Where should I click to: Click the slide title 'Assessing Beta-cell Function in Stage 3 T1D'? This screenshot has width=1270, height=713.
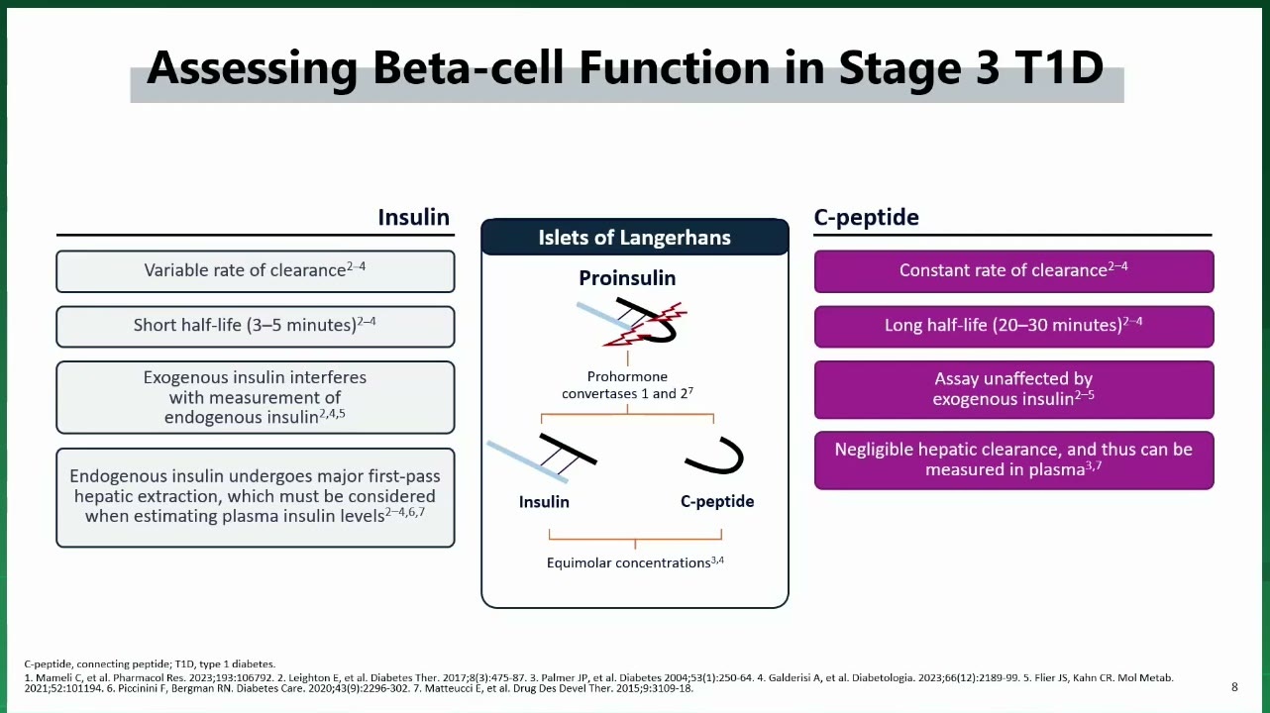625,68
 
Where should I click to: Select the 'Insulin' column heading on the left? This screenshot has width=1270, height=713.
413,217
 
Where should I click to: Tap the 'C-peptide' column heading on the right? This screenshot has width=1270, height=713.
867,218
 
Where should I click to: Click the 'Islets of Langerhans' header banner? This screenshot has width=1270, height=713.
634,237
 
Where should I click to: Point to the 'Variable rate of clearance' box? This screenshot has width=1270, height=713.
256,271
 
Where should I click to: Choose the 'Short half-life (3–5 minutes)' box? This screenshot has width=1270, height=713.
256,327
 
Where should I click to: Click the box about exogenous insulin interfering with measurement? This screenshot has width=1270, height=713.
256,397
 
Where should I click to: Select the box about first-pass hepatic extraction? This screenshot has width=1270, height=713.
256,497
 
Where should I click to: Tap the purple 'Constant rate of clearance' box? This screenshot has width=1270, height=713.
1013,271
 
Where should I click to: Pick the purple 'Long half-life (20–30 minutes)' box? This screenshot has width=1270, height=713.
1013,327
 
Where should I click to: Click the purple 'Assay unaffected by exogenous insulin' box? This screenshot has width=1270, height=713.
1013,390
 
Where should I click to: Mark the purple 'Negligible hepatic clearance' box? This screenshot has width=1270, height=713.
1013,460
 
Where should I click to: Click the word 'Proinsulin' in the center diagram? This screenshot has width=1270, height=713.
627,278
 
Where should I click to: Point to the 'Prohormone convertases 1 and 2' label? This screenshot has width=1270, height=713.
627,385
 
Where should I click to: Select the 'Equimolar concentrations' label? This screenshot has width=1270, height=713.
635,562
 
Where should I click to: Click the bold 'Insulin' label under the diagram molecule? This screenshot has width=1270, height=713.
544,502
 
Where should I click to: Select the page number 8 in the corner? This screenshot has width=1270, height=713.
1235,687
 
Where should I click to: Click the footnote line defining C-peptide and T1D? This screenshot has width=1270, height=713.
150,663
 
